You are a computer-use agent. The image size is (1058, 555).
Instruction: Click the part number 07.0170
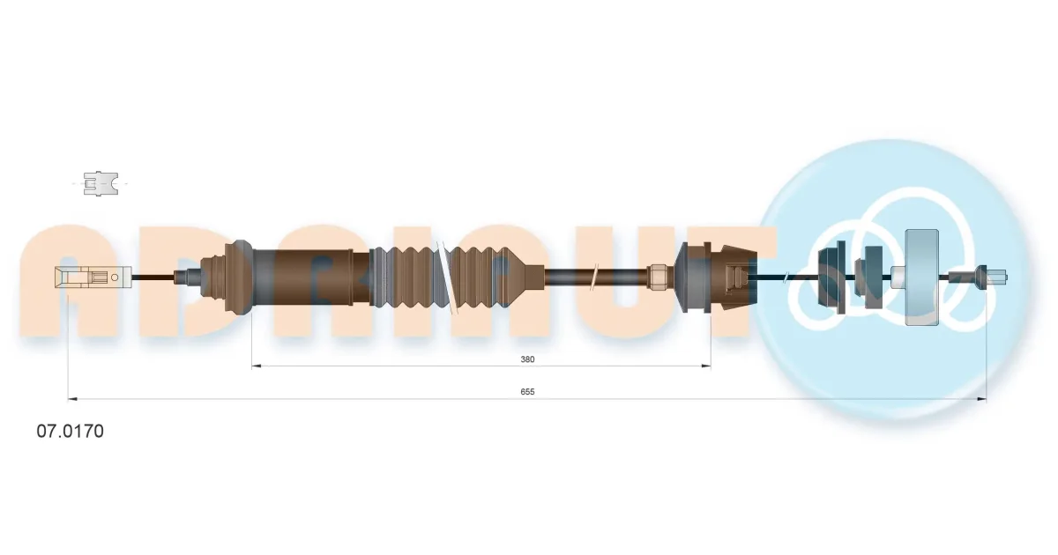point(70,432)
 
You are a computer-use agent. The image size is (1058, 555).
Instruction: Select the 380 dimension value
point(527,359)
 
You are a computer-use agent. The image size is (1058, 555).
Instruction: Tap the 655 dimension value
point(527,392)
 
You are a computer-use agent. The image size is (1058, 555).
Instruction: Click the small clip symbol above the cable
point(101,183)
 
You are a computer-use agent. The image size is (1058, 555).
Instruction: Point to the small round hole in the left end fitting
point(115,277)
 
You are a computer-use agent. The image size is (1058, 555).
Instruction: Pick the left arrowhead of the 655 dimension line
point(73,399)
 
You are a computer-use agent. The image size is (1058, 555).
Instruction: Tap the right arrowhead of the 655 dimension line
point(981,399)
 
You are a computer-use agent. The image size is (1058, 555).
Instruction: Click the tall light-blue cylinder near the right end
point(921,277)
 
